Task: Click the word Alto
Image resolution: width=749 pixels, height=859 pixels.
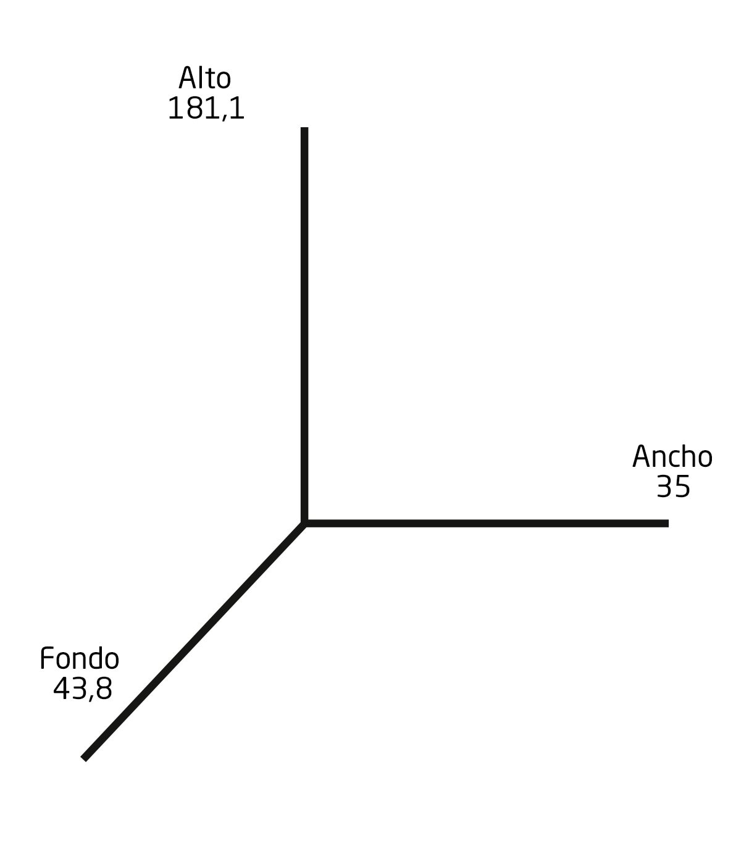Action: point(205,78)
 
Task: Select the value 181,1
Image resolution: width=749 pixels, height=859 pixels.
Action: point(206,108)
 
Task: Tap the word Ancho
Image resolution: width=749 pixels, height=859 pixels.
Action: point(672,456)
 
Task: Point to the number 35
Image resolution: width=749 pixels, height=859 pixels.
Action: point(673,487)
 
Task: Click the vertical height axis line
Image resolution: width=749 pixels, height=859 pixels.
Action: point(304,325)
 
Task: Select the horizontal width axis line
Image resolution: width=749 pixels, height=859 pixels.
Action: point(486,523)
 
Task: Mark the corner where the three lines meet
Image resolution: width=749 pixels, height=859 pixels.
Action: point(304,523)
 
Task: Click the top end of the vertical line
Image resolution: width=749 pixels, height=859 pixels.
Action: point(304,127)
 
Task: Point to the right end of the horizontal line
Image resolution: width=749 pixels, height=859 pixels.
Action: point(668,523)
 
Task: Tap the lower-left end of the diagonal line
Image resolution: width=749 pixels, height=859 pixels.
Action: point(84,758)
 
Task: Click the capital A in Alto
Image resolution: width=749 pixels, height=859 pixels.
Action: point(188,78)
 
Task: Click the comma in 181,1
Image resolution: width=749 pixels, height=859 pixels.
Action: point(225,117)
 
